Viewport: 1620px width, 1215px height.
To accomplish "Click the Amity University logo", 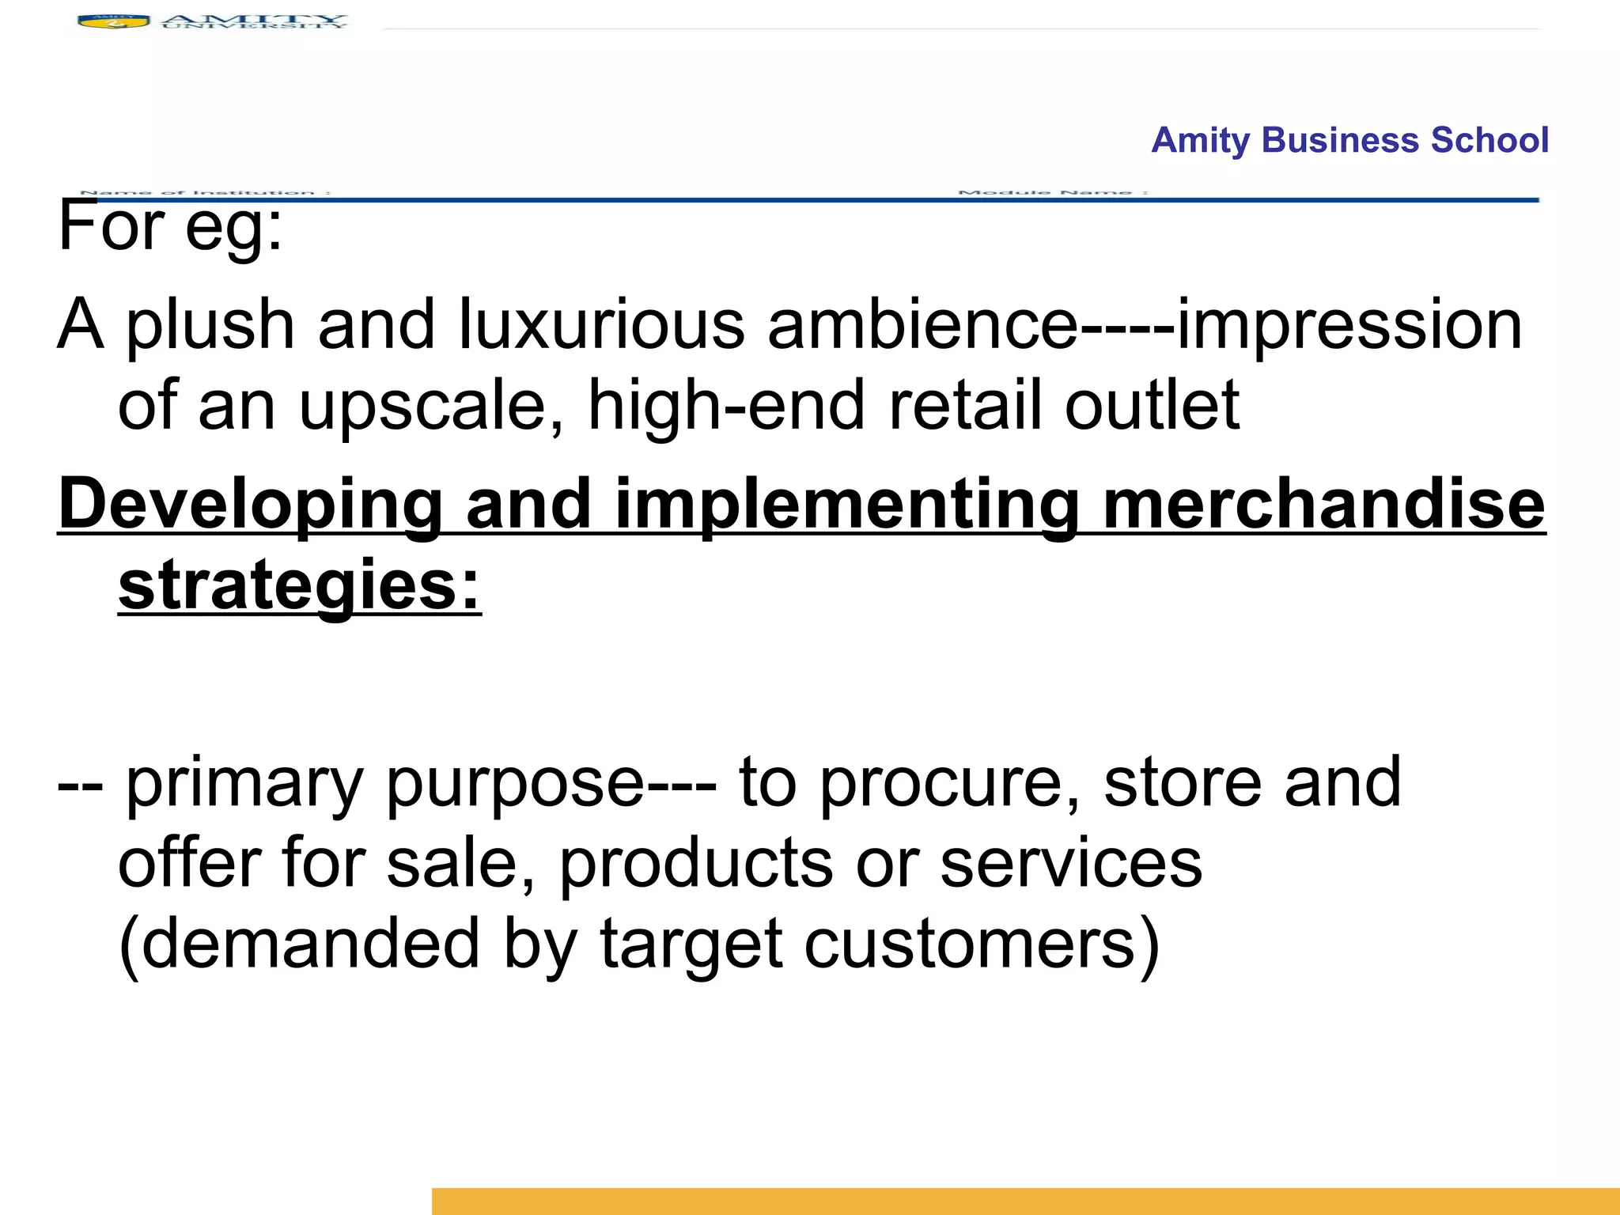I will point(212,21).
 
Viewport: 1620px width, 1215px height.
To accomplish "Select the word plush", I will point(210,325).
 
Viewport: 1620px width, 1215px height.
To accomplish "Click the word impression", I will point(1349,325).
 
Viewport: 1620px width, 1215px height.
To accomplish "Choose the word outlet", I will point(1152,406).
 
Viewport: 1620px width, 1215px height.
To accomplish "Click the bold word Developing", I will point(250,506).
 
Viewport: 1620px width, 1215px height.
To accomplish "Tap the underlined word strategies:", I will point(300,587).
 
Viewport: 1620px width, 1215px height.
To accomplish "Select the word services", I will point(1071,863).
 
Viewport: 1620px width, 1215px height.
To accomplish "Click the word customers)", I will point(982,944).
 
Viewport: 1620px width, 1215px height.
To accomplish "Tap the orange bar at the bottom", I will point(1025,1201).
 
